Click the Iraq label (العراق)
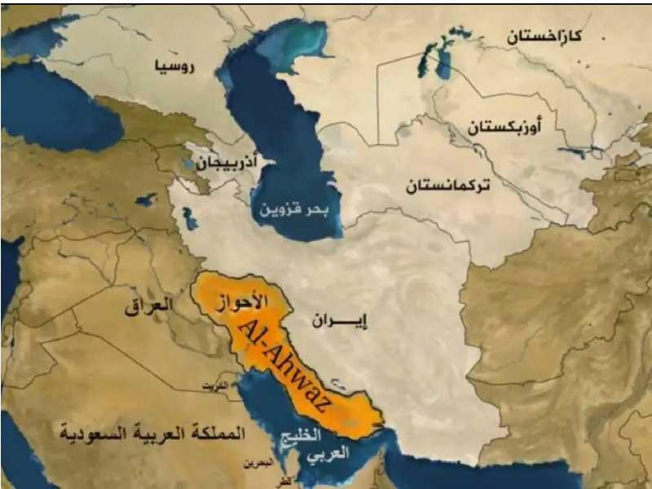(149, 306)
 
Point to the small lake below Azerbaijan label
(190, 218)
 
